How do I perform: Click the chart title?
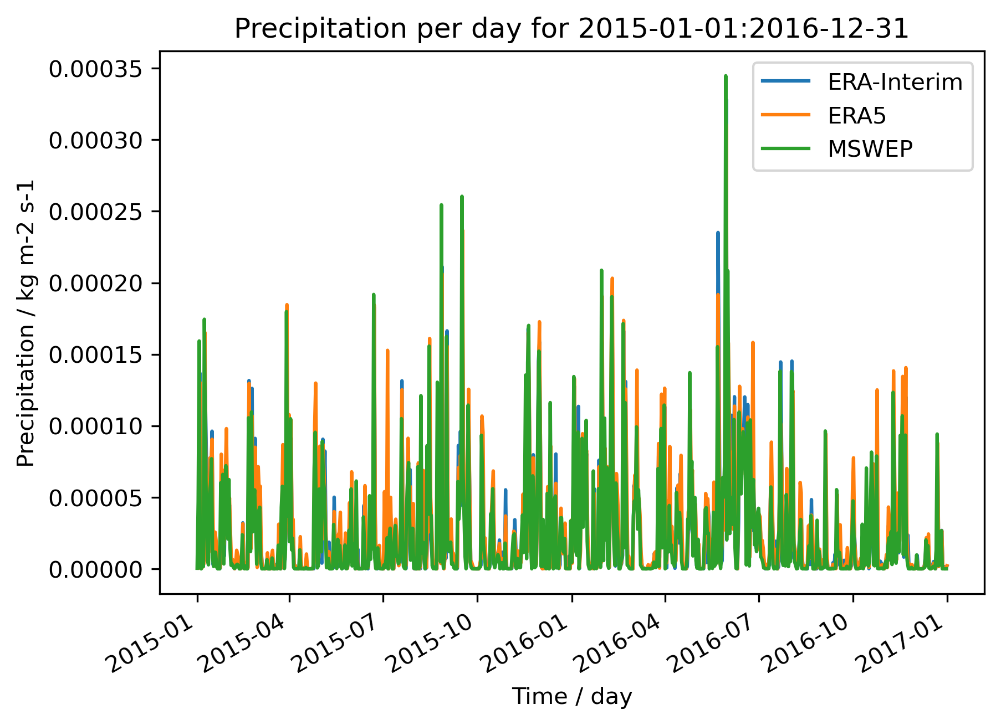pyautogui.click(x=571, y=29)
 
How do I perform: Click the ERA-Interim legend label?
pyautogui.click(x=895, y=82)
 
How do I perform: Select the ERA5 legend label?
pyautogui.click(x=857, y=116)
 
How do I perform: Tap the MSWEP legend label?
pyautogui.click(x=870, y=149)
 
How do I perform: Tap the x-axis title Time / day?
pyautogui.click(x=571, y=697)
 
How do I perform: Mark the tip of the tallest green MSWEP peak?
pyautogui.click(x=726, y=76)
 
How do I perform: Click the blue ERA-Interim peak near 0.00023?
pyautogui.click(x=718, y=233)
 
